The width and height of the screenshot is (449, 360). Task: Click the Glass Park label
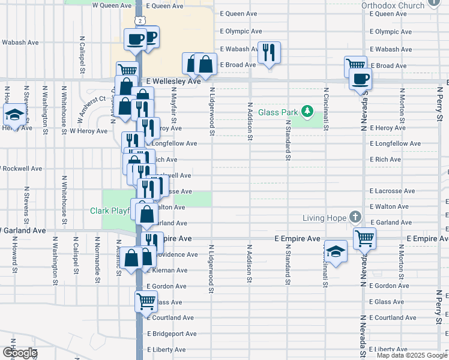click(x=279, y=112)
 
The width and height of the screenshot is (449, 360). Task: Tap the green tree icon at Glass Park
click(x=307, y=111)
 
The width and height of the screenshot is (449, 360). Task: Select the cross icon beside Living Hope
click(x=355, y=217)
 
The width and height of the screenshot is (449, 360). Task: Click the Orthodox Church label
click(x=393, y=5)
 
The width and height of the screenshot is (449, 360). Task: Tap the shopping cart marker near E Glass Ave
click(x=146, y=301)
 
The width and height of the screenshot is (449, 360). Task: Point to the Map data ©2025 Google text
click(x=412, y=355)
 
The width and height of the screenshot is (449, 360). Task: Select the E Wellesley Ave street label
click(x=173, y=81)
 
